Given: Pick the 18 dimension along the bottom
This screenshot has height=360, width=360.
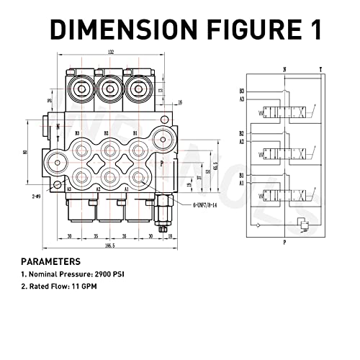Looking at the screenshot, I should click(x=171, y=235).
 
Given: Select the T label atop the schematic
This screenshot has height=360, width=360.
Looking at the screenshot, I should click(x=320, y=69).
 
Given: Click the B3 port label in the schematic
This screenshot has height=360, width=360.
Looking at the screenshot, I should click(x=242, y=91).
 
